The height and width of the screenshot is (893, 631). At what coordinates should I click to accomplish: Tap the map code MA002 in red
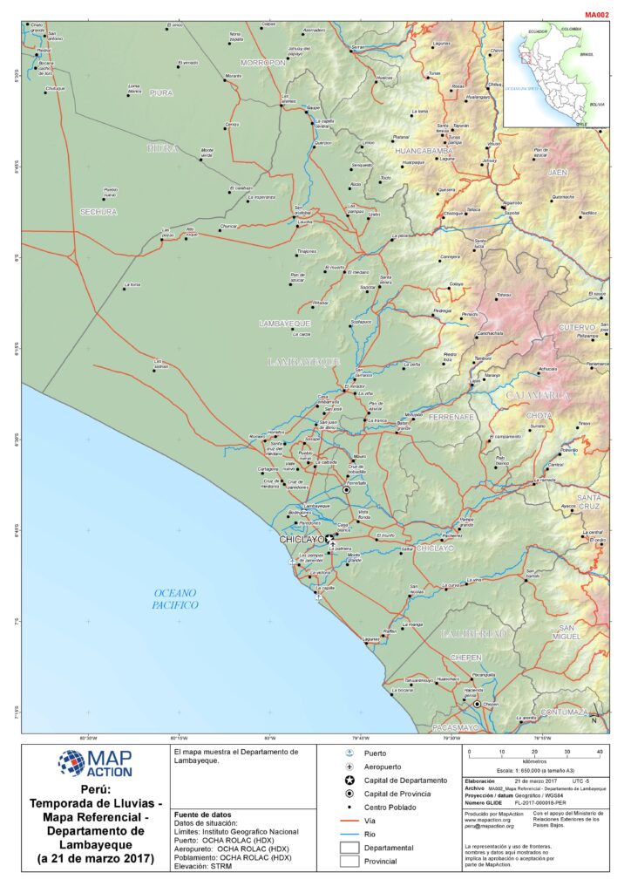[596, 15]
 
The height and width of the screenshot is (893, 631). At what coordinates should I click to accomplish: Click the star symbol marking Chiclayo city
[329, 540]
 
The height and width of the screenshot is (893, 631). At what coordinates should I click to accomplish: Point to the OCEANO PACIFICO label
[174, 598]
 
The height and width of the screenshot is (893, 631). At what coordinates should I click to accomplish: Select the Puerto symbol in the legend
[349, 752]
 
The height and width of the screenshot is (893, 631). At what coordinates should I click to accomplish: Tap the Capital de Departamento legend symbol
[349, 780]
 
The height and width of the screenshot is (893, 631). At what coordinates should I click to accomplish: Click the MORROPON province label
[263, 63]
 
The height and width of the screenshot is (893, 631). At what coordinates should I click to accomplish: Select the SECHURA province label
[98, 211]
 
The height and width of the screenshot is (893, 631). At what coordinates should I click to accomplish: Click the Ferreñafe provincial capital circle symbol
[346, 490]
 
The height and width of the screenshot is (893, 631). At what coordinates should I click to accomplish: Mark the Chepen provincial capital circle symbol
[477, 704]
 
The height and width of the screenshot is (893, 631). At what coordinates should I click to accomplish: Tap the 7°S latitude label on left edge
[12, 621]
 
